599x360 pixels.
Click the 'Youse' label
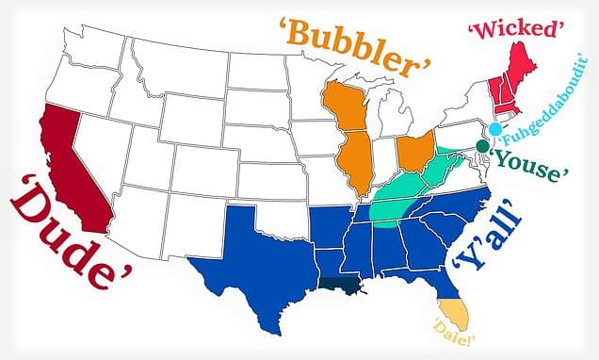[x=529, y=161]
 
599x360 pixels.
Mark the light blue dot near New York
[x=494, y=129]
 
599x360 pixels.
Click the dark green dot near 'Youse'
[x=482, y=147]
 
